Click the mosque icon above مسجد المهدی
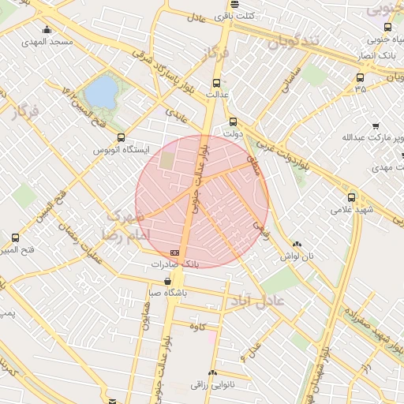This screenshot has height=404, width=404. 48,30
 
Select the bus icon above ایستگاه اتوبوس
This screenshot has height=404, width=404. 120,138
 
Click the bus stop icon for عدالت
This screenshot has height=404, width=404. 217,83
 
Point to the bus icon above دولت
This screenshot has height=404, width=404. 232,122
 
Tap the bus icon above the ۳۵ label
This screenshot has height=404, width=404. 361,77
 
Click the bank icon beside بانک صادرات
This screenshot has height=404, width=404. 174,252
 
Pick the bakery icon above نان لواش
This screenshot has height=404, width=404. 297,245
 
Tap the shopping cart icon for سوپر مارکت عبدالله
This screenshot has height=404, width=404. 376,125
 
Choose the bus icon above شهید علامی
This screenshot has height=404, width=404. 351,197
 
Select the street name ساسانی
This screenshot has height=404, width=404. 289,82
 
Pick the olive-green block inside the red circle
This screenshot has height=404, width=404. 168,159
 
